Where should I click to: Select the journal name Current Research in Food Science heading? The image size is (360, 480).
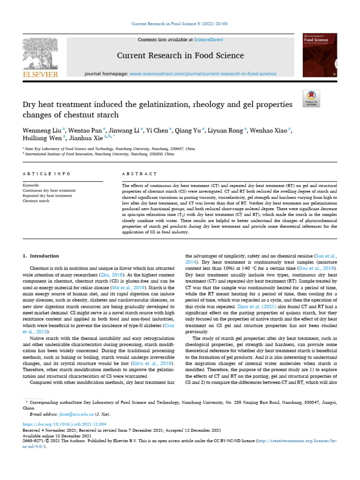coord(180,55)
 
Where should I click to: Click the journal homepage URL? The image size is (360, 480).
coord(202,74)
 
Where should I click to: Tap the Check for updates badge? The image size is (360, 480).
coord(311,97)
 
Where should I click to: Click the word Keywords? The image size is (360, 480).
coord(31,186)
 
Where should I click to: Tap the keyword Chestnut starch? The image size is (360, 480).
coord(36,201)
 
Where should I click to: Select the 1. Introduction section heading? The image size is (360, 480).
coord(41,256)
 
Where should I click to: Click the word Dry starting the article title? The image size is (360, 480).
coord(30,105)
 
